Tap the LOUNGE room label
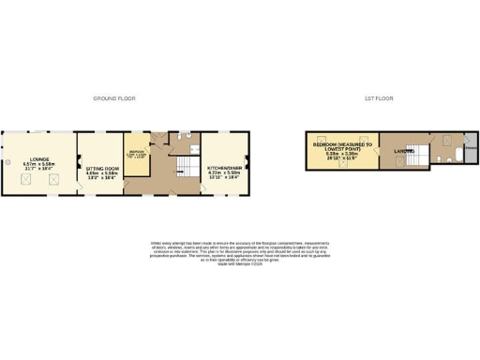[x=39, y=159]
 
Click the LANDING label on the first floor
[x=406, y=152]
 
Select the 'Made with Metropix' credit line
[x=239, y=263]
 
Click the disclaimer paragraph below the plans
[x=239, y=251]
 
